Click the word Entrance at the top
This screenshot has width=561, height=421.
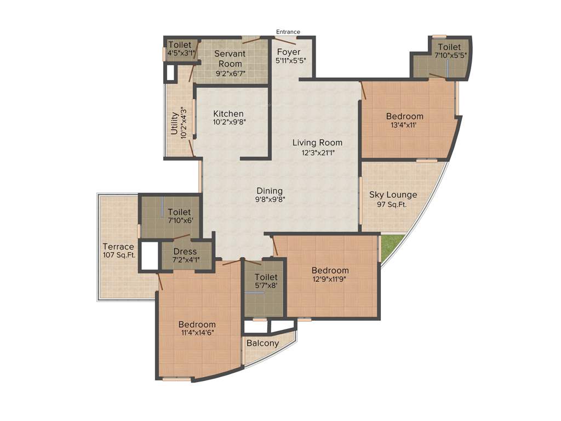tap(288, 32)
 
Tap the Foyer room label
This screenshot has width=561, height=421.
tap(288, 52)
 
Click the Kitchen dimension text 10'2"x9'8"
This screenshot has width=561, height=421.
tap(230, 123)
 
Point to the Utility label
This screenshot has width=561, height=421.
tap(174, 123)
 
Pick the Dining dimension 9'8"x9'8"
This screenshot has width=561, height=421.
tap(271, 200)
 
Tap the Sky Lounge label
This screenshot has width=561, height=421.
tap(393, 195)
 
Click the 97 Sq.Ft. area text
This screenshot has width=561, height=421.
tap(393, 204)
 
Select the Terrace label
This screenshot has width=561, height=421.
tap(118, 247)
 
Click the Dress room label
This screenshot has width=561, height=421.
tap(185, 252)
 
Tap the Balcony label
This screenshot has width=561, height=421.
tap(262, 343)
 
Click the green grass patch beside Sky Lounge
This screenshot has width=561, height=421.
tap(391, 247)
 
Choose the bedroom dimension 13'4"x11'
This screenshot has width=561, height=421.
tap(404, 125)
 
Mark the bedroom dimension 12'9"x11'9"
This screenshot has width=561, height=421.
tap(330, 279)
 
